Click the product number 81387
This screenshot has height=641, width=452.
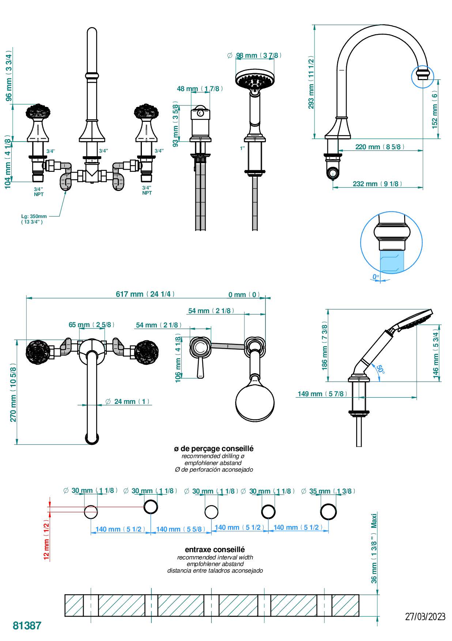tap(27, 625)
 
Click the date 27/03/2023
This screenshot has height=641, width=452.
tap(425, 616)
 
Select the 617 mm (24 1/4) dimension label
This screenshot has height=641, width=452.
tap(145, 294)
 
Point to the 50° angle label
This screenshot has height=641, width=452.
tap(380, 369)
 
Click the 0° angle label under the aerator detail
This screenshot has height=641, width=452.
tap(376, 277)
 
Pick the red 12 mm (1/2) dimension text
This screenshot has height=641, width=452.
tap(46, 539)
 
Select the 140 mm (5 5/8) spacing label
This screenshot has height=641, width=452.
tap(181, 529)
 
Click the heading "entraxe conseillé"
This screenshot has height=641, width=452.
tap(215, 549)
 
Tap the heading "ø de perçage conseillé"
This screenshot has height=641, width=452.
tap(214, 448)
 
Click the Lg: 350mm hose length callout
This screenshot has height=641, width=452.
tap(34, 219)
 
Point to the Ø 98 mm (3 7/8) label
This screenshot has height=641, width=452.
tap(255, 56)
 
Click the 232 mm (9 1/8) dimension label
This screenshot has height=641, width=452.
tap(377, 184)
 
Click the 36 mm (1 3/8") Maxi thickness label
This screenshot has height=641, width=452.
tap(374, 548)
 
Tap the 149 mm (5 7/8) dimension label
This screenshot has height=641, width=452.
tap(321, 394)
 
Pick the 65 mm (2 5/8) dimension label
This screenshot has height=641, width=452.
tap(91, 325)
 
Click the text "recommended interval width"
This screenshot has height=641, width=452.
tap(215, 557)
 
